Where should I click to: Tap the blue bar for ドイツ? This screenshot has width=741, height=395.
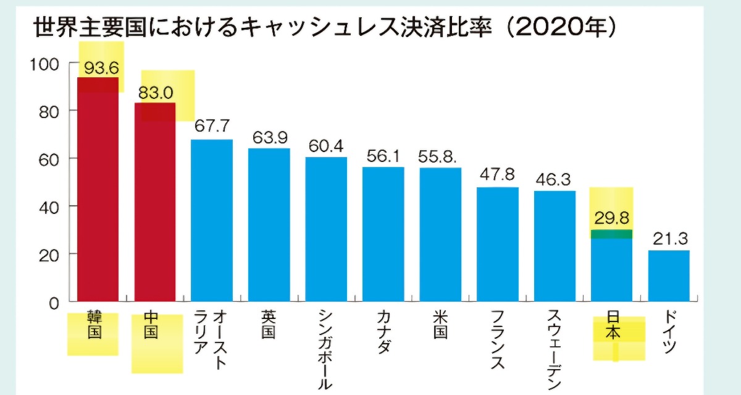tap(669, 276)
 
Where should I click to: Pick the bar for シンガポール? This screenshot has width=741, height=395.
tap(326, 229)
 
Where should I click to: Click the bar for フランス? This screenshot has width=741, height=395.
tap(497, 244)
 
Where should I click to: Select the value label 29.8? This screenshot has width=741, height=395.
tap(611, 218)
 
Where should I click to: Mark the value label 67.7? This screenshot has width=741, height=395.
tap(212, 126)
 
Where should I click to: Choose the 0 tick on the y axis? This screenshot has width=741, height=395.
tap(53, 303)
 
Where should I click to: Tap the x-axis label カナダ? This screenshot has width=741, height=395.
tap(383, 330)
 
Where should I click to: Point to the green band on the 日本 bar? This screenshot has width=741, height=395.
tap(611, 234)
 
